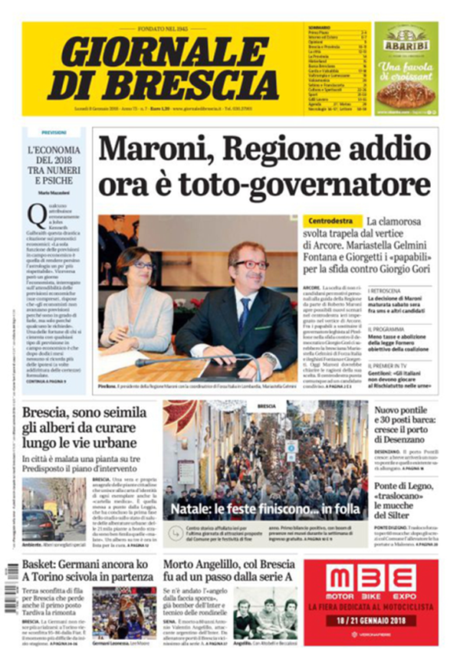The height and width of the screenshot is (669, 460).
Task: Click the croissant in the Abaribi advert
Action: coord(406,95)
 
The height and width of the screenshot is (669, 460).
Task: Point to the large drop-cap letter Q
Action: coord(34,215)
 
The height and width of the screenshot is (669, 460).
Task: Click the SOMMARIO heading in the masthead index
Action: coord(319,28)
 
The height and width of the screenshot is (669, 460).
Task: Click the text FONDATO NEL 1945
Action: coord(164,28)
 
